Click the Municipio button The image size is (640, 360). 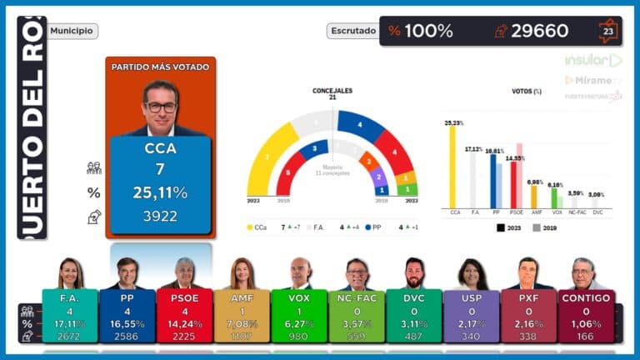coord(72,31)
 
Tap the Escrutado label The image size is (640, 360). coord(353,31)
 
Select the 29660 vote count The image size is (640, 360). coord(539,31)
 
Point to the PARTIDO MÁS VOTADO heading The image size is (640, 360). coord(161,67)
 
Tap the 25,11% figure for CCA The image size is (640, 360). coord(160,192)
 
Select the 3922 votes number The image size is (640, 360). coord(160,216)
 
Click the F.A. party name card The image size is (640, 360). coord(69,297)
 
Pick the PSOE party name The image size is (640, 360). coord(184,297)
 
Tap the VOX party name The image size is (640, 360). coord(299,297)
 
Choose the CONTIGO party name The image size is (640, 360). coord(587,297)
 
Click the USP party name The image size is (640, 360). coord(472,297)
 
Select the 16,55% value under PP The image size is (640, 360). coord(127,323)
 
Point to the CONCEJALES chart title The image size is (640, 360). coord(332,90)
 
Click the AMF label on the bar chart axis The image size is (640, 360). coord(534,212)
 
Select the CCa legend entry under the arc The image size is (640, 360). coord(260,227)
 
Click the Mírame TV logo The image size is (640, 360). coord(593,80)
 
